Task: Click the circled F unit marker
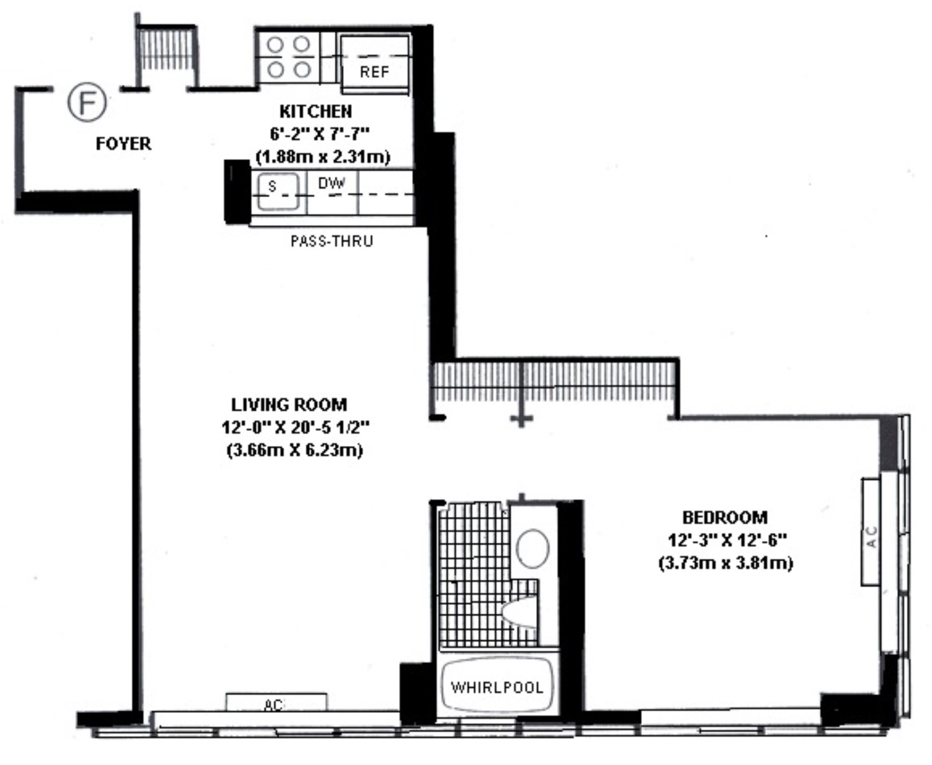click(x=87, y=102)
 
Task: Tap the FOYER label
click(x=124, y=144)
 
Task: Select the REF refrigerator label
click(x=374, y=72)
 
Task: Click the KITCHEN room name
click(x=315, y=111)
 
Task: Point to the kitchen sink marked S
click(x=277, y=191)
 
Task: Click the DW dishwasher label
click(x=332, y=184)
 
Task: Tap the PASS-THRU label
click(x=332, y=241)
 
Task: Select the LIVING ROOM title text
click(x=289, y=405)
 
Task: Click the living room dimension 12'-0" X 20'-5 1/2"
click(x=295, y=427)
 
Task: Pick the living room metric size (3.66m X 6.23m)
click(x=295, y=450)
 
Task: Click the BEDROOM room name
click(x=725, y=517)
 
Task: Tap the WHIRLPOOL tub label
click(x=497, y=687)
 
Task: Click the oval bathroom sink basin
click(x=533, y=548)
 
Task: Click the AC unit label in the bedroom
click(x=871, y=537)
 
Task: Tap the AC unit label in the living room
click(x=273, y=704)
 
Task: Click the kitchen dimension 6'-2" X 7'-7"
click(x=319, y=133)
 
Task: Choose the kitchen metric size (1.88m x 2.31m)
click(x=323, y=156)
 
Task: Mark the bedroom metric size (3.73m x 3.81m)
click(x=725, y=563)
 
